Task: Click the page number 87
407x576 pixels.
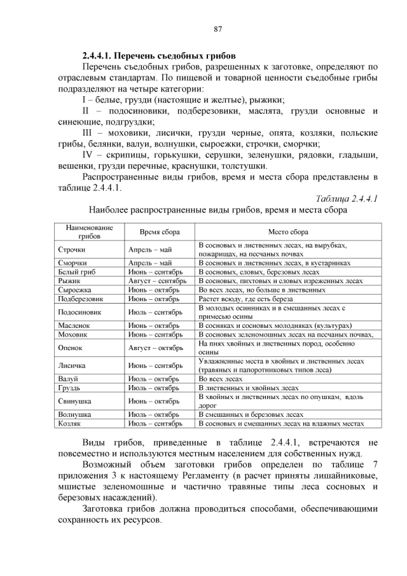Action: coord(217,29)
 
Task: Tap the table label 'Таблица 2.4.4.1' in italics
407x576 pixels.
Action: coord(347,199)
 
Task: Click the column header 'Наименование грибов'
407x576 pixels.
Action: coord(90,232)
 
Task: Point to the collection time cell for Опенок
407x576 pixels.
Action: coord(155,348)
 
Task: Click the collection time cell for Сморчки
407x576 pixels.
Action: coord(150,263)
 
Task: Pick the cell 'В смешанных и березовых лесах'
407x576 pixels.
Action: coord(251,414)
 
